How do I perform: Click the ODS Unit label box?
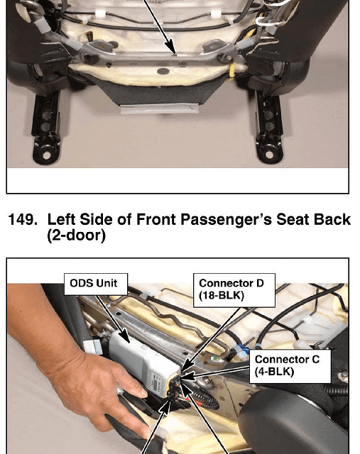(96, 284)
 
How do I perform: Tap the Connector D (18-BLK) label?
(234, 290)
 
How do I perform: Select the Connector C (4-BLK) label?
(290, 366)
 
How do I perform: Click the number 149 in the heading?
(23, 219)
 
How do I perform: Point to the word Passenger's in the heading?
(226, 219)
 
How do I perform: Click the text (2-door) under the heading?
(76, 236)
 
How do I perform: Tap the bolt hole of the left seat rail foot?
(46, 155)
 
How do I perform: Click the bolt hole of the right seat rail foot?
(269, 155)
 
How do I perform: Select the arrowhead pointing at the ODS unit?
(124, 338)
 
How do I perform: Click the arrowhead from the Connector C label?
(185, 377)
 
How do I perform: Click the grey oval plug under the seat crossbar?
(163, 71)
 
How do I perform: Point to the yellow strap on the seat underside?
(232, 70)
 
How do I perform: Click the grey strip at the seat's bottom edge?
(159, 109)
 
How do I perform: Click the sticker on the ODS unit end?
(157, 383)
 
